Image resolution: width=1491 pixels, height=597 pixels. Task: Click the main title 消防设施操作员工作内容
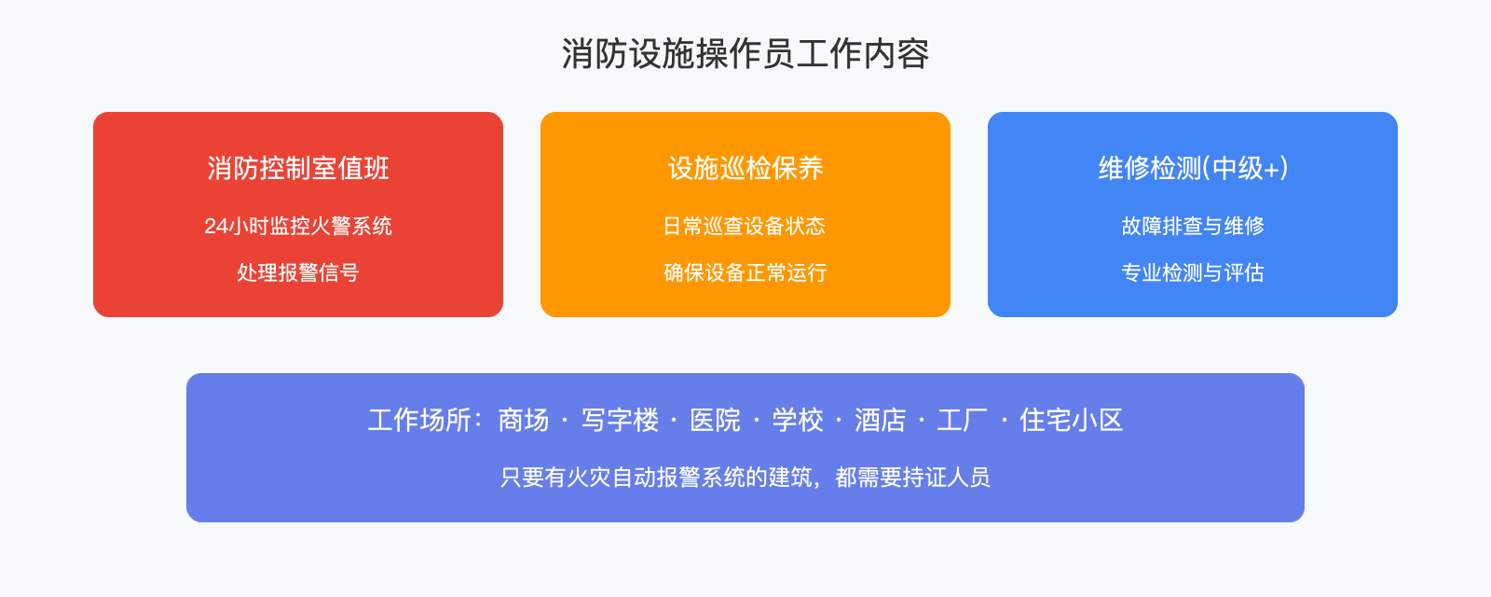pyautogui.click(x=745, y=54)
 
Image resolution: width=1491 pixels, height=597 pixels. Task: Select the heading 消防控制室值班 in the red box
pyautogui.click(x=298, y=168)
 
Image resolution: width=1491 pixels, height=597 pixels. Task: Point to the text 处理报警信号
pyautogui.click(x=298, y=272)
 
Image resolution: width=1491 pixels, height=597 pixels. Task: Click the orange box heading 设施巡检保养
pyautogui.click(x=745, y=168)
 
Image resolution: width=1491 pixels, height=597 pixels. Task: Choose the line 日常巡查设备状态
pyautogui.click(x=745, y=226)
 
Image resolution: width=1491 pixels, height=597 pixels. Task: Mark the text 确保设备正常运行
pyautogui.click(x=745, y=272)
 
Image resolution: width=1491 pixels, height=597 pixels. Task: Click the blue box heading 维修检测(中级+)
pyautogui.click(x=1193, y=168)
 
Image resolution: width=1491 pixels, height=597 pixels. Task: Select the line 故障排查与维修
pyautogui.click(x=1193, y=226)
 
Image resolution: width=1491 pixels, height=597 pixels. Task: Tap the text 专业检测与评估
pyautogui.click(x=1193, y=272)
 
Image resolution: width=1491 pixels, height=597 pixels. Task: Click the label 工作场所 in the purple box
pyautogui.click(x=419, y=420)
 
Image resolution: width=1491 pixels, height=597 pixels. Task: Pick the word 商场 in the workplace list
pyautogui.click(x=524, y=420)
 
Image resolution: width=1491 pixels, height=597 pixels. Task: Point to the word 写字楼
pyautogui.click(x=620, y=420)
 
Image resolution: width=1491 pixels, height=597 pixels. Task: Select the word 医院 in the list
pyautogui.click(x=715, y=420)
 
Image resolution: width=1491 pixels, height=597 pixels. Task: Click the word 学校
pyautogui.click(x=798, y=420)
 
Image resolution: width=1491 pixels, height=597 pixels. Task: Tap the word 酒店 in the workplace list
pyautogui.click(x=881, y=420)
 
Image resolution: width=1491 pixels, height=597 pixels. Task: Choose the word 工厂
pyautogui.click(x=963, y=420)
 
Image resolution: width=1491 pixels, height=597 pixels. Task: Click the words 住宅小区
pyautogui.click(x=1071, y=420)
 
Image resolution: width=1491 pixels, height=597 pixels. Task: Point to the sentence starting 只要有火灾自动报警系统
pyautogui.click(x=745, y=478)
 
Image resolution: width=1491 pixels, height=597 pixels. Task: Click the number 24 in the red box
pyautogui.click(x=216, y=226)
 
